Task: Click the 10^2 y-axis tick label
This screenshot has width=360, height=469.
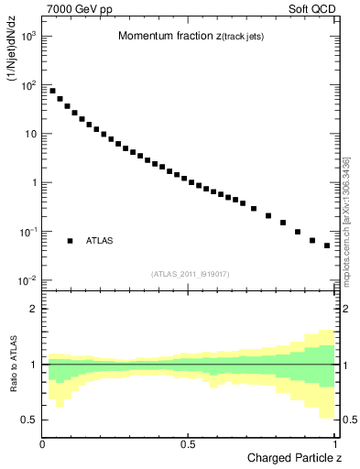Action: click(27, 85)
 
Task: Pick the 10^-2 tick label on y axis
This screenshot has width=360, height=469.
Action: click(27, 280)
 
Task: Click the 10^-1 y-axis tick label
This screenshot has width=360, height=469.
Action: click(27, 232)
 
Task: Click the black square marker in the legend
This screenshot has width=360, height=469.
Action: click(70, 240)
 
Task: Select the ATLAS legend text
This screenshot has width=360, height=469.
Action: click(100, 240)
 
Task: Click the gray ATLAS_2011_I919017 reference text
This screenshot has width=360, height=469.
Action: click(190, 273)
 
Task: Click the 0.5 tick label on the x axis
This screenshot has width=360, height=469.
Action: click(188, 442)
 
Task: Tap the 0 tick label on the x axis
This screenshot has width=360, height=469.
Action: click(43, 442)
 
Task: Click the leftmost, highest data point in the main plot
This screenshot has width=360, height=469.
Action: click(52, 91)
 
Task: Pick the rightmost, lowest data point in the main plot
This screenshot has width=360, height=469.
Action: click(327, 245)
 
